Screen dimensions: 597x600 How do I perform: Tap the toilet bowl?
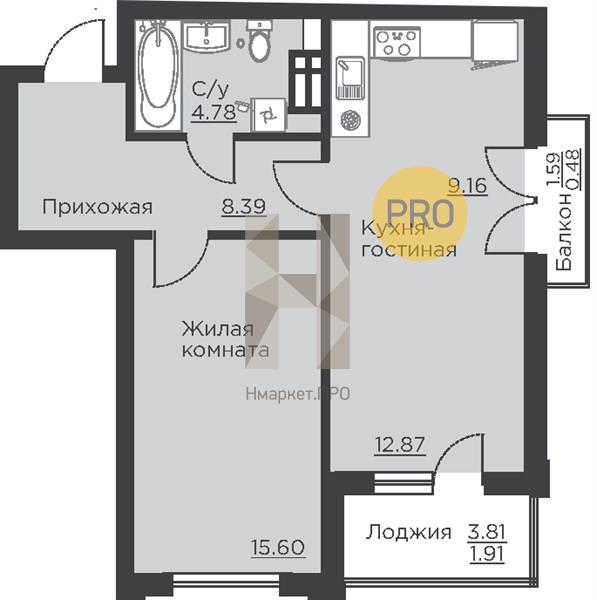pos(260,41)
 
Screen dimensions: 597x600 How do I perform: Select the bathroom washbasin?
pos(206,36)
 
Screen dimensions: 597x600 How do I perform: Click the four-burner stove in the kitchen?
pos(396,43)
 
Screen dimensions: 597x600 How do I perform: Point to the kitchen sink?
pos(350,78)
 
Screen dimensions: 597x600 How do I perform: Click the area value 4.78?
pos(214,112)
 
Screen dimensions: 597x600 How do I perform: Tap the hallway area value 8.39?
pos(244,207)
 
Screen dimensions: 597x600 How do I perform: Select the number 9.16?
pos(468,186)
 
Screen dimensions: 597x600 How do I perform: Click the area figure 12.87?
pos(400,445)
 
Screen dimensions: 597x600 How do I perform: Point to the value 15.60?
pos(278,548)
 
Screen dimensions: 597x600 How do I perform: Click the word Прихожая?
pos(97,207)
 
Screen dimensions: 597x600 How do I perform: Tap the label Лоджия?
pos(408,532)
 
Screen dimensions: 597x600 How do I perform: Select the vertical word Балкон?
pos(564,232)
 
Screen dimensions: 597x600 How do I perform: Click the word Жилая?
pos(218,329)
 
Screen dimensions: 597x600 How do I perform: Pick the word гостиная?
pos(409,250)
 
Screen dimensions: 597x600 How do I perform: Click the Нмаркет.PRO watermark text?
pos(298,394)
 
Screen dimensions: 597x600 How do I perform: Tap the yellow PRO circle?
pos(420,214)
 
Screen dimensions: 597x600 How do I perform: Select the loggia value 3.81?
pos(487,532)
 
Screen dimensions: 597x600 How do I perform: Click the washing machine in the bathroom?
pos(269,114)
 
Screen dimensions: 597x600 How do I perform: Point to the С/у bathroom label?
pos(210,90)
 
